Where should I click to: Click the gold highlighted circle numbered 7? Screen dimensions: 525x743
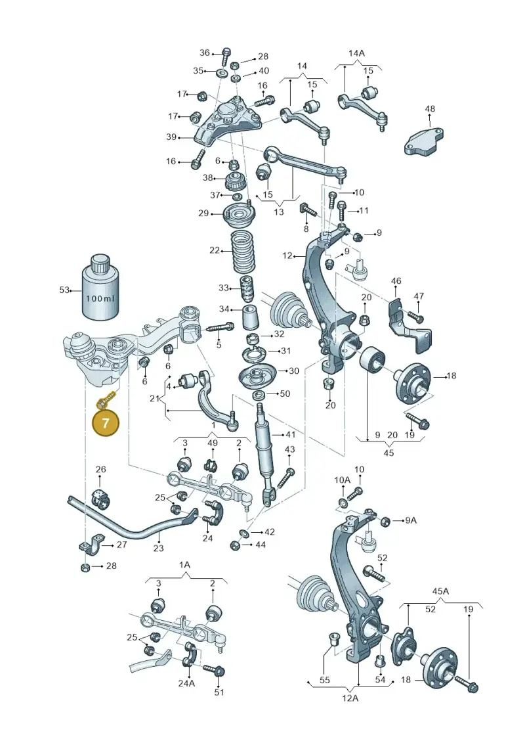click(105, 422)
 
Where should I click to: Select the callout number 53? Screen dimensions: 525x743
click(64, 290)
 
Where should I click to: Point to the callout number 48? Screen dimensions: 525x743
click(429, 108)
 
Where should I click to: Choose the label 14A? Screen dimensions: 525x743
click(356, 53)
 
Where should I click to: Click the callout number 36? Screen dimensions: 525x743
click(205, 53)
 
